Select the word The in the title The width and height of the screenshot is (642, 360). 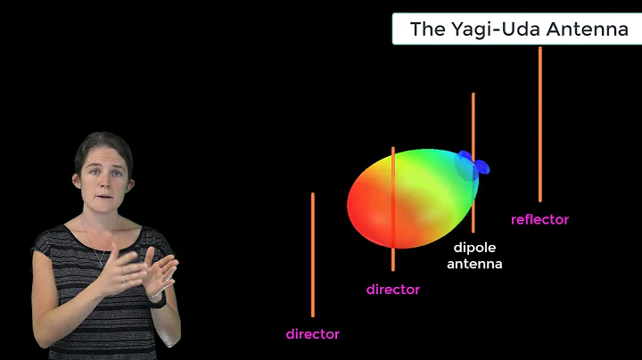coord(425,29)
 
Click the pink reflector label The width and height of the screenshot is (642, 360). coord(539,219)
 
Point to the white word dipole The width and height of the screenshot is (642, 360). coord(474,248)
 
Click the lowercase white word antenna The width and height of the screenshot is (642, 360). coord(474,264)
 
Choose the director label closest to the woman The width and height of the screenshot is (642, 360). coord(312,334)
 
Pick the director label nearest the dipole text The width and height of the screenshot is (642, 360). coord(392,290)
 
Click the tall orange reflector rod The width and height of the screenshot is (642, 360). coord(539,125)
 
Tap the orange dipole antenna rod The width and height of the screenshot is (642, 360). coord(473,125)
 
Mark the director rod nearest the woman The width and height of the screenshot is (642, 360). coord(312,254)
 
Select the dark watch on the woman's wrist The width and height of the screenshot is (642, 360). coord(159,299)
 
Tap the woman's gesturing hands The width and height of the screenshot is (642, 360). coord(143,272)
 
